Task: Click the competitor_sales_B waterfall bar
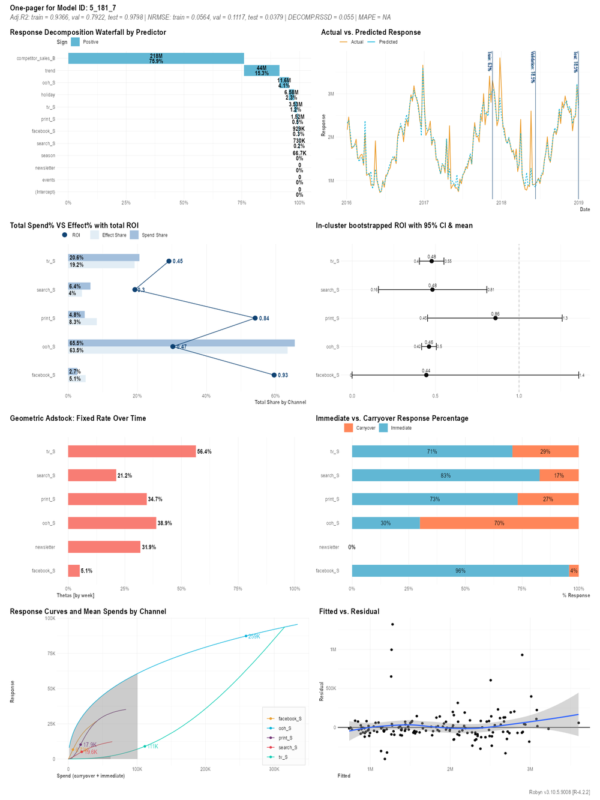pos(156,58)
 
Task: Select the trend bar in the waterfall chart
pos(262,71)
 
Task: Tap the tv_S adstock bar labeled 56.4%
pos(132,451)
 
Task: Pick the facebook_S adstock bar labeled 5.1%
pos(74,571)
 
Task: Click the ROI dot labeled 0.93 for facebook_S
pos(274,375)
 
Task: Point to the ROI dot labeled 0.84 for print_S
pos(255,318)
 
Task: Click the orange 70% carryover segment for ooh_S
pos(499,523)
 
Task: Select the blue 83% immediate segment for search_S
pos(445,475)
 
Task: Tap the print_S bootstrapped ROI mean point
pos(495,318)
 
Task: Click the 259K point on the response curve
pos(246,636)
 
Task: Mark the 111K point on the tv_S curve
pos(145,746)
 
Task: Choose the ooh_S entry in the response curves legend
pos(284,728)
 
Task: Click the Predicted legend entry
pos(388,42)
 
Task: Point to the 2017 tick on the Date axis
pos(424,203)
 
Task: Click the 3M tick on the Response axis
pos(331,94)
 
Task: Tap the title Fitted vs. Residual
pos(349,612)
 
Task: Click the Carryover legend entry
pos(365,428)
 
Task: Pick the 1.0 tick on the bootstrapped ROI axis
pos(519,396)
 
